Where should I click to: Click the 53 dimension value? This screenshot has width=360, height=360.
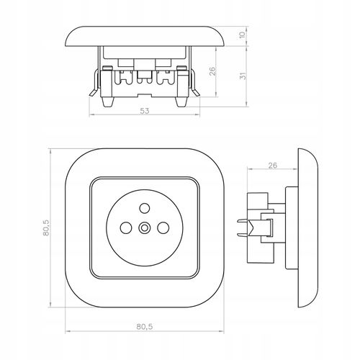[x=145, y=111]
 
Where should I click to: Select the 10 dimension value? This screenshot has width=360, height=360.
[x=243, y=34]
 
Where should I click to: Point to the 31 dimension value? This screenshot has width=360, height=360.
[x=243, y=76]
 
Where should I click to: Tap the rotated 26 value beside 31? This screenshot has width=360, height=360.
[x=212, y=71]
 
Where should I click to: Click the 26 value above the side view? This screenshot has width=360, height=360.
[x=272, y=166]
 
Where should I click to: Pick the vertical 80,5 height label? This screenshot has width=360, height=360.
[x=46, y=228]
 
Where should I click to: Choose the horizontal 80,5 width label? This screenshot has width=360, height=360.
[x=145, y=326]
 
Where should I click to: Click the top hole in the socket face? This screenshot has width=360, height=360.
[x=145, y=208]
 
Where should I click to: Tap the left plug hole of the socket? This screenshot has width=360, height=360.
[x=126, y=228]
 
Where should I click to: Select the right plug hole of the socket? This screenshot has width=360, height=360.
[x=163, y=228]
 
